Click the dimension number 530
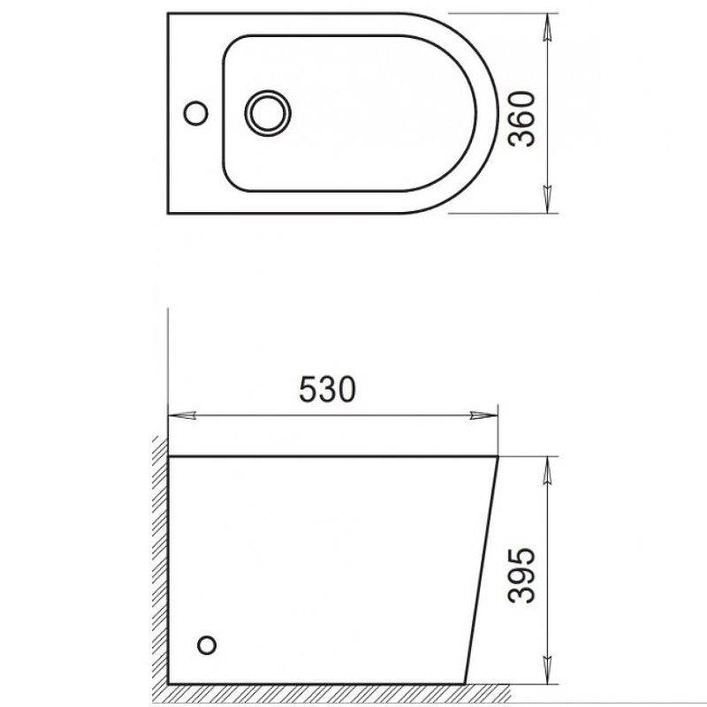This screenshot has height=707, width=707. click(329, 391)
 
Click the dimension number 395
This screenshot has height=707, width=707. click(522, 575)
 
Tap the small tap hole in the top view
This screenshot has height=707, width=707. click(196, 113)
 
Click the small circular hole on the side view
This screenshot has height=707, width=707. click(209, 643)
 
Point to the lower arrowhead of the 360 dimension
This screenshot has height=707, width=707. click(548, 201)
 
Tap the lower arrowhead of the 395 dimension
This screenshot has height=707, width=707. click(548, 673)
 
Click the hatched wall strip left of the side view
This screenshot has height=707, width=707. click(158, 566)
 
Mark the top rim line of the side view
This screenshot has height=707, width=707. click(327, 457)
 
